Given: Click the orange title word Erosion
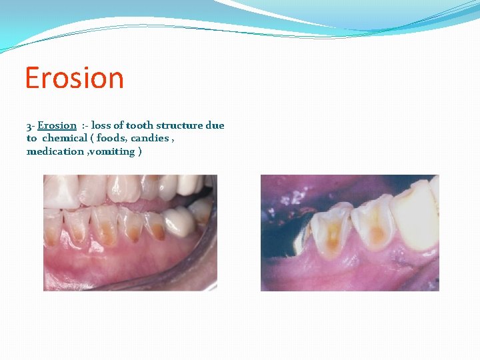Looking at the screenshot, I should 74,78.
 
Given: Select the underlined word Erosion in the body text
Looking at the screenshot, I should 57,125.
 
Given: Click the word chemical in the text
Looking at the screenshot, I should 65,138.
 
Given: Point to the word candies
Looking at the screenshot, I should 150,138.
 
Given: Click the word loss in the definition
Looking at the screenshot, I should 101,125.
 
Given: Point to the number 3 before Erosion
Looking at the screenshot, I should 29,125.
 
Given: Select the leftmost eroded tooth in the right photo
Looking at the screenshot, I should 331,230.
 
